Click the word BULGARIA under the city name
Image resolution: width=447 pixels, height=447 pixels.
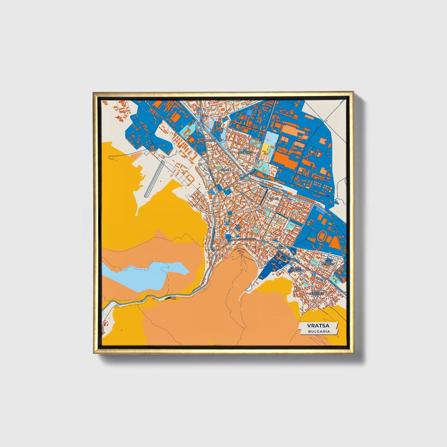pyautogui.click(x=319, y=331)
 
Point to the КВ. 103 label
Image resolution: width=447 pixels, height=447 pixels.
pyautogui.click(x=274, y=199)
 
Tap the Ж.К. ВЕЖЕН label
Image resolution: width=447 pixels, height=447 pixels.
pyautogui.click(x=299, y=269)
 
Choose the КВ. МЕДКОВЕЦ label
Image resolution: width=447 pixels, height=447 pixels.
pyautogui.click(x=317, y=292)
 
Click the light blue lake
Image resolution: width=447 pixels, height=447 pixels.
pyautogui.click(x=145, y=274)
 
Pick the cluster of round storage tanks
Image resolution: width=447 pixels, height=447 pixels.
pyautogui.click(x=319, y=185)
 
